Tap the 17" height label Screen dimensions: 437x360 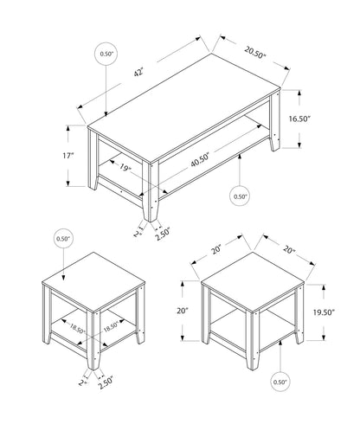[x=68, y=156]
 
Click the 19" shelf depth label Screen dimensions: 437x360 [x=126, y=170]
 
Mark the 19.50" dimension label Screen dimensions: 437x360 [x=325, y=314]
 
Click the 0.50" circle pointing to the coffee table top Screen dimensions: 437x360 [x=106, y=55]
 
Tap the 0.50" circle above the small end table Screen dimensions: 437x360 [x=62, y=238]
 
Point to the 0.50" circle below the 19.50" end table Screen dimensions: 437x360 [x=280, y=381]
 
